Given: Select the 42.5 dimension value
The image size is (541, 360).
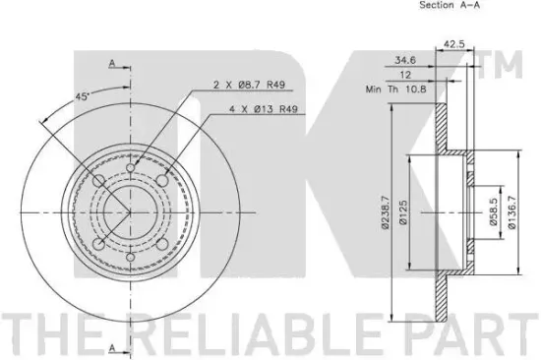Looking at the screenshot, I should point(453,42).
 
